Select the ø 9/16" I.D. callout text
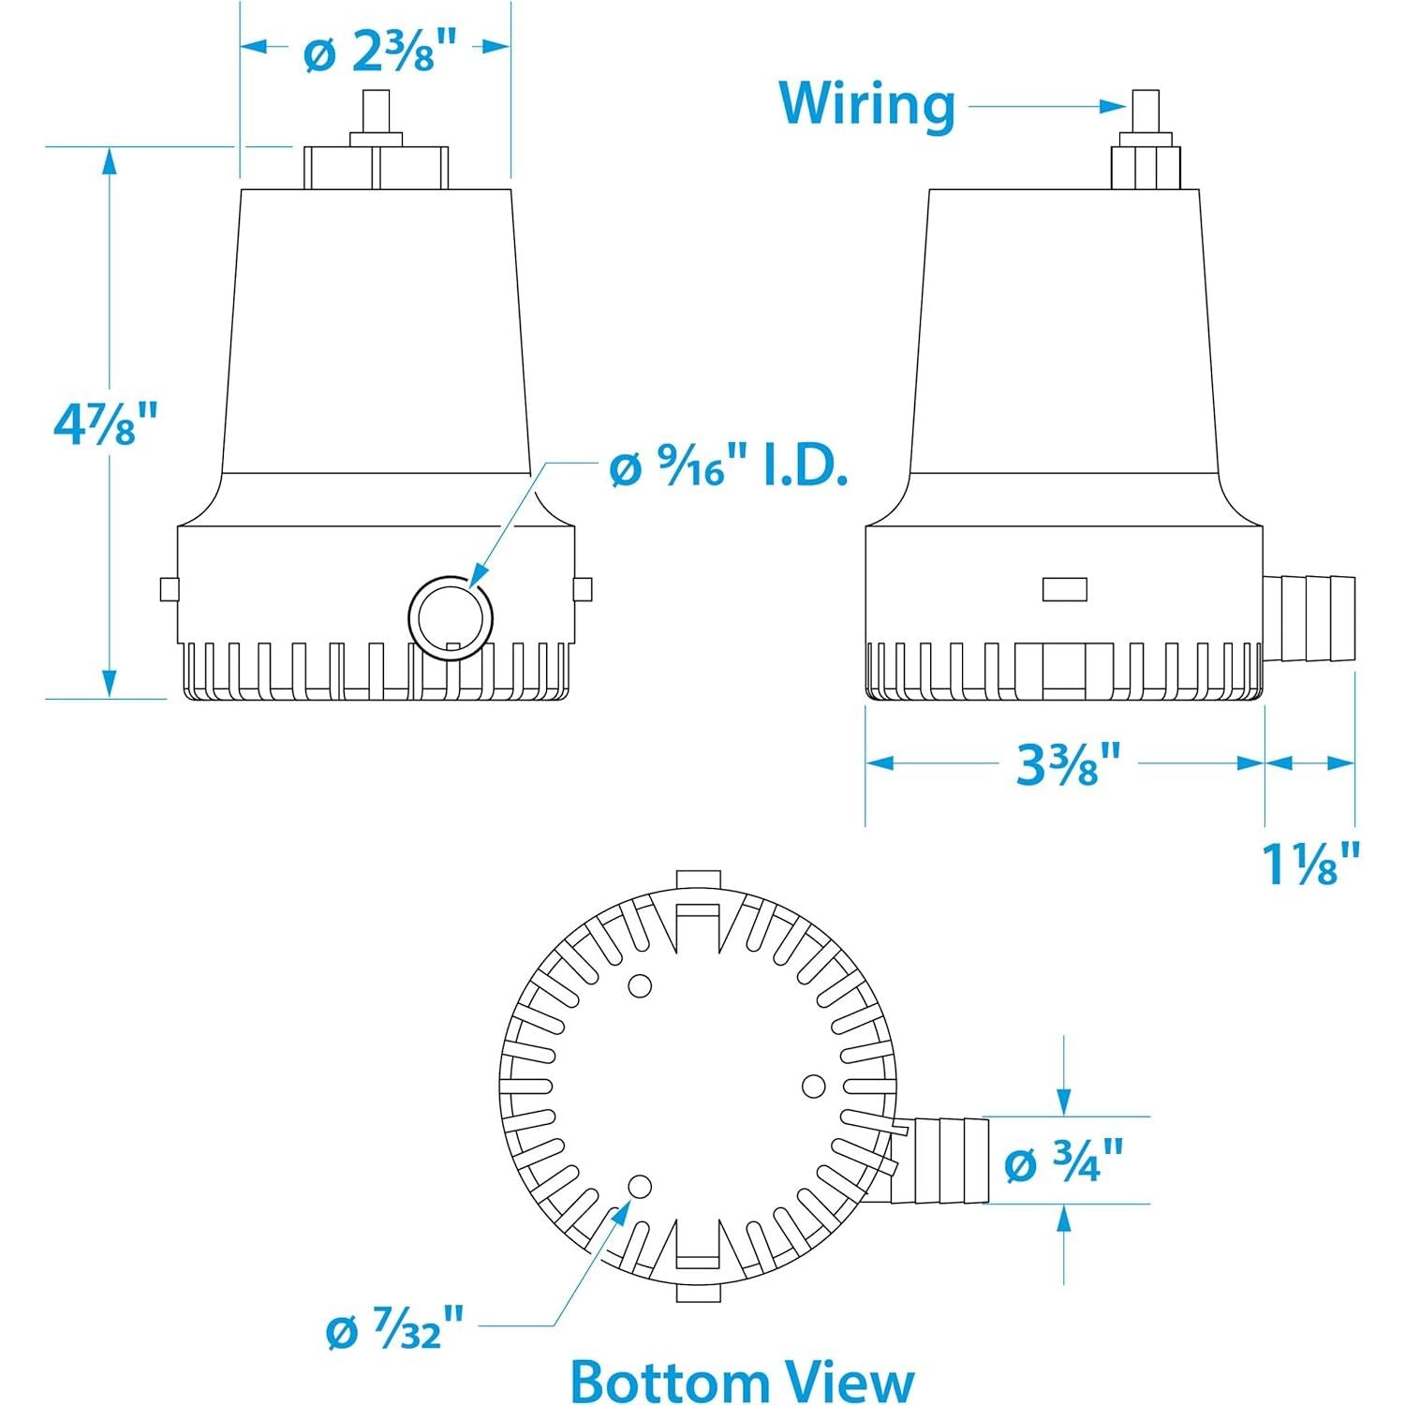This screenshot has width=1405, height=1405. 728,468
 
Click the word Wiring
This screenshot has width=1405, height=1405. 866,103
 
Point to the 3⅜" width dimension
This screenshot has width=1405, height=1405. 1068,764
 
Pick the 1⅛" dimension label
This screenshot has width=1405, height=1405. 1309,864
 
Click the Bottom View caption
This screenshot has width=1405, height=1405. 742,1380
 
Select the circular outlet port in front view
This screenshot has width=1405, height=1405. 451,616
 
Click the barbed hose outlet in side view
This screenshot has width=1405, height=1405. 1309,619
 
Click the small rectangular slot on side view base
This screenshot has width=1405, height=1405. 1065,588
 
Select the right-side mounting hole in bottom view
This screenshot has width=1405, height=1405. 814,1086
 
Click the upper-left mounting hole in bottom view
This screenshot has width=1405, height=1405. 640,985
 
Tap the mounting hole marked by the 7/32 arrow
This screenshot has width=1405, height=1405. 640,1187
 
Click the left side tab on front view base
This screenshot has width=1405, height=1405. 169,589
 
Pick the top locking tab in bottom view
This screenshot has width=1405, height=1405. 698,880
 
